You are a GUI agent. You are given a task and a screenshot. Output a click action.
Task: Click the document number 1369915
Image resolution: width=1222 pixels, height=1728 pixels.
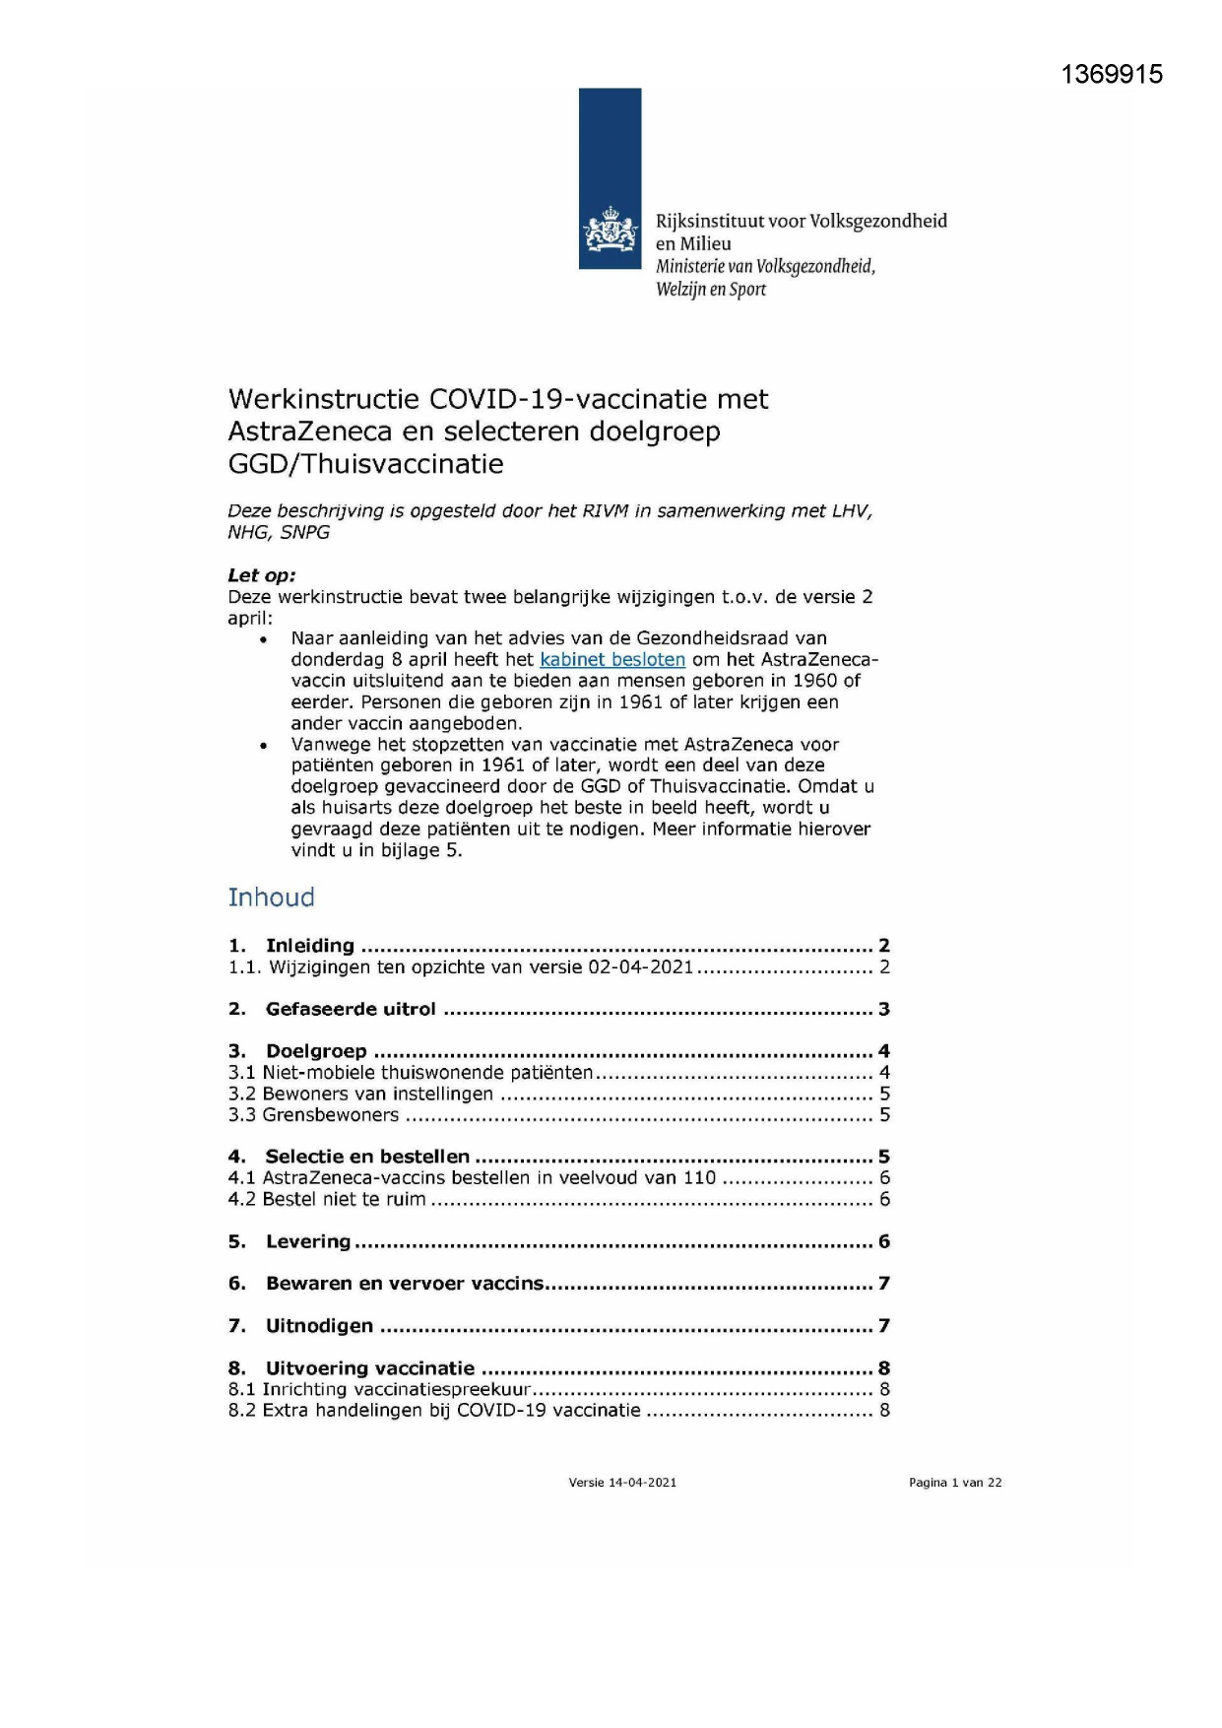click(x=1112, y=75)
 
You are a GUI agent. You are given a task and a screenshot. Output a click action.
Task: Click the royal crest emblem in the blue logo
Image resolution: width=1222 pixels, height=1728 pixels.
click(x=611, y=232)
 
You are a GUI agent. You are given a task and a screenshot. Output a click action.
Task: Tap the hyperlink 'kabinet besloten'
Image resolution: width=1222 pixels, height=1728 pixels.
click(x=612, y=660)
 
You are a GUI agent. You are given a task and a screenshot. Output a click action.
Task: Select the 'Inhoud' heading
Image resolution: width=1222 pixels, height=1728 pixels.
click(x=272, y=897)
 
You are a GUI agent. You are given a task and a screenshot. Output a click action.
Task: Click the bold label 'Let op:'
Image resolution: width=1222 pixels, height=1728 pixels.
click(x=262, y=575)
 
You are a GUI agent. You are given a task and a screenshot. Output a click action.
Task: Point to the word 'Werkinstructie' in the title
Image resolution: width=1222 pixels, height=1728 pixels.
click(x=324, y=399)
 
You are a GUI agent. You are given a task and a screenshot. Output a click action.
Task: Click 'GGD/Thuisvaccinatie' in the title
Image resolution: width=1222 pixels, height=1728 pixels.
click(x=365, y=464)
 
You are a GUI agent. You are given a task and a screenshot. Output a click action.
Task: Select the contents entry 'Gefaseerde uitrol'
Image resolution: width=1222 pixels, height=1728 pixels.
click(x=351, y=1009)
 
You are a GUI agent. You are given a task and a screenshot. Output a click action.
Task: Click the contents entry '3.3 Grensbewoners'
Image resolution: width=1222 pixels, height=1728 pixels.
click(x=314, y=1115)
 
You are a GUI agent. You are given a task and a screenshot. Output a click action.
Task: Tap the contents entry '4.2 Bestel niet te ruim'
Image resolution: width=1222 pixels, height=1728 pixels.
click(x=327, y=1200)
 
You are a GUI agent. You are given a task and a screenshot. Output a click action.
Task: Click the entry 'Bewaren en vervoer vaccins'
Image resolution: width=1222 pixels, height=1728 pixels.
click(x=404, y=1284)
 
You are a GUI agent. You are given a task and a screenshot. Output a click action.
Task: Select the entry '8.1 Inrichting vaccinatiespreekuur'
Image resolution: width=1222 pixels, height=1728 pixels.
click(x=380, y=1390)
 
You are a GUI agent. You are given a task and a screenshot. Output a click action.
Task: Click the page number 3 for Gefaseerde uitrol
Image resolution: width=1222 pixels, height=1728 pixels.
click(x=884, y=1009)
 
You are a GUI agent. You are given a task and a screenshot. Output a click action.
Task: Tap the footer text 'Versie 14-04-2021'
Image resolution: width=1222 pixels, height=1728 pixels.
click(x=622, y=1483)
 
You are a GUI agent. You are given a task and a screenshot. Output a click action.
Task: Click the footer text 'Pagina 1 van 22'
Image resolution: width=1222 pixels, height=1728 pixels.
click(x=955, y=1483)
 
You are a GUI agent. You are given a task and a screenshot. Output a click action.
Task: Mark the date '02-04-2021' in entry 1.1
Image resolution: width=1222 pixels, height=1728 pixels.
click(x=641, y=967)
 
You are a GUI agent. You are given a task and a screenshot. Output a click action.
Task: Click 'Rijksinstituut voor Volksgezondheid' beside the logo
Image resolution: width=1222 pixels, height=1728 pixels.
click(x=802, y=222)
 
